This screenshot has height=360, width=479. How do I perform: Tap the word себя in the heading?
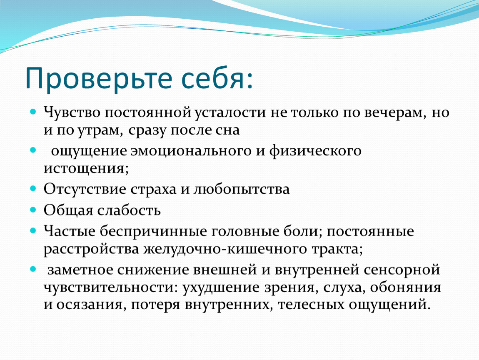point(214,78)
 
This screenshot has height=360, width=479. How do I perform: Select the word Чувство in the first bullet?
point(72,112)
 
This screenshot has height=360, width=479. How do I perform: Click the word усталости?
point(230,112)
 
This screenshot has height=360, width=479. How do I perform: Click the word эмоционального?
point(191,151)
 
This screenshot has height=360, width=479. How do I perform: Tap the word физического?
point(315,151)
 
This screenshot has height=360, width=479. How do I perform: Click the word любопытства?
point(241,189)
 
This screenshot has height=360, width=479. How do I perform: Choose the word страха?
point(154,189)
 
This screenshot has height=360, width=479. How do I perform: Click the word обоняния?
point(406,287)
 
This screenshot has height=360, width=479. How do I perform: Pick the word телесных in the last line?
point(311,305)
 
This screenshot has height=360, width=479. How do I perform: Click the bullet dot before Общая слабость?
point(33,210)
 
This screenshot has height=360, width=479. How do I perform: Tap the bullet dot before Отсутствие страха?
point(33,189)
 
